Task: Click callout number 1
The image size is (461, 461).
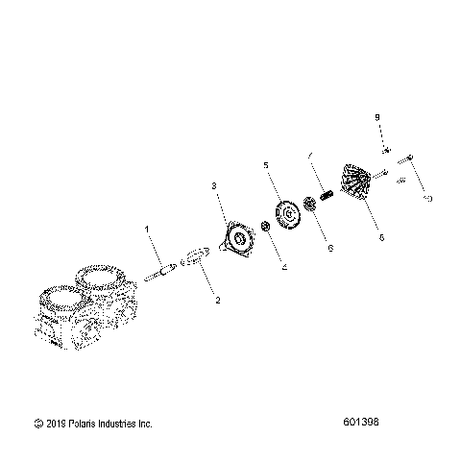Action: click(147, 230)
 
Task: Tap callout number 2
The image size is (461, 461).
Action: click(217, 301)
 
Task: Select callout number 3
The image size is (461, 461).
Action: click(214, 184)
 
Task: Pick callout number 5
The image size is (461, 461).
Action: click(265, 165)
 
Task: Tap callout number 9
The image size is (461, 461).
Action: click(377, 116)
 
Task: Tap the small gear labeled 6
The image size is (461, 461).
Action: click(310, 203)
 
